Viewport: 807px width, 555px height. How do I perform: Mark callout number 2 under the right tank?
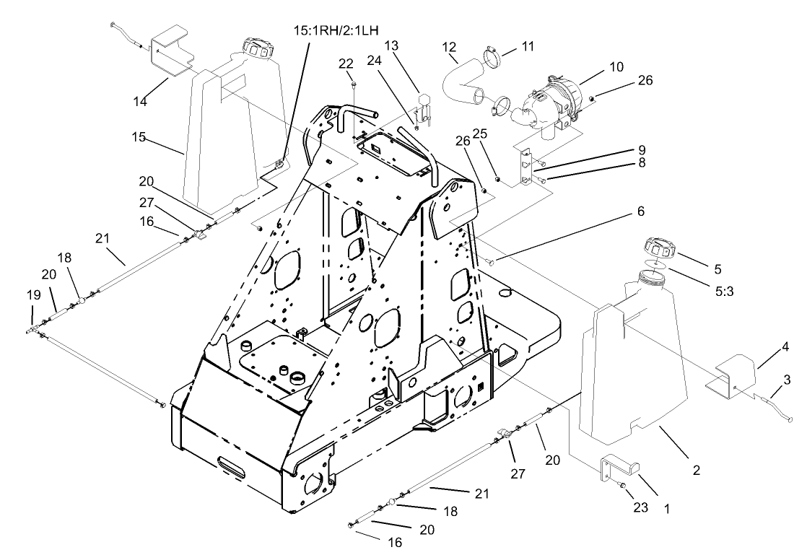coord(696,471)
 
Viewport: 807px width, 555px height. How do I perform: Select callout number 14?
coord(139,102)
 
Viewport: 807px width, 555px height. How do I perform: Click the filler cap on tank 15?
coord(257,50)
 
